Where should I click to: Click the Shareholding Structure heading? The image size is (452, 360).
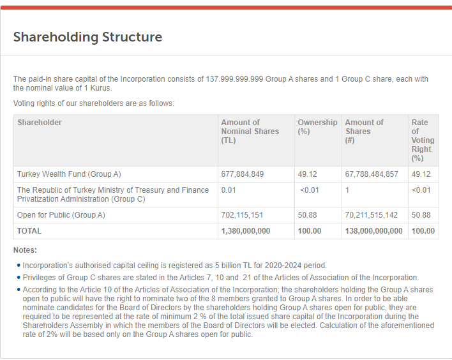pyautogui.click(x=87, y=37)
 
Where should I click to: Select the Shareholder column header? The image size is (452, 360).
pyautogui.click(x=40, y=122)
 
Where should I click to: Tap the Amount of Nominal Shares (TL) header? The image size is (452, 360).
pyautogui.click(x=250, y=131)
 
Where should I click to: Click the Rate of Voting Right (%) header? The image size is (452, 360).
pyautogui.click(x=423, y=140)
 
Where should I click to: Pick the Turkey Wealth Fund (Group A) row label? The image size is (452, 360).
pyautogui.click(x=69, y=174)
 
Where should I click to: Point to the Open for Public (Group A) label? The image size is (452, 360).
pyautogui.click(x=61, y=215)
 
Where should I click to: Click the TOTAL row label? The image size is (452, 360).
pyautogui.click(x=29, y=230)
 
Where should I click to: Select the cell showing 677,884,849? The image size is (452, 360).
pyautogui.click(x=243, y=174)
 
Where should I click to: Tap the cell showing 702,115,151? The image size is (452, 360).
pyautogui.click(x=243, y=215)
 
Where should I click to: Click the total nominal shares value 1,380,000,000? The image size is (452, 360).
pyautogui.click(x=246, y=230)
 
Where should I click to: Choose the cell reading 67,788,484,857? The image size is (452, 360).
pyautogui.click(x=372, y=174)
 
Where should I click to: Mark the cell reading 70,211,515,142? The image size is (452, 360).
pyautogui.click(x=372, y=215)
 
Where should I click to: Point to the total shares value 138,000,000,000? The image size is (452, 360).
pyautogui.click(x=374, y=230)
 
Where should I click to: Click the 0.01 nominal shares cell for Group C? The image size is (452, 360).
pyautogui.click(x=228, y=190)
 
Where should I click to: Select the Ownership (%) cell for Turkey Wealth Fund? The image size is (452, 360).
pyautogui.click(x=308, y=174)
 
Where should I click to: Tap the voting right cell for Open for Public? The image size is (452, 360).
pyautogui.click(x=421, y=215)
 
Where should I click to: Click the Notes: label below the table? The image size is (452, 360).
pyautogui.click(x=26, y=250)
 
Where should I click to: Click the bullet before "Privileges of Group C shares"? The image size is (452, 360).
pyautogui.click(x=18, y=278)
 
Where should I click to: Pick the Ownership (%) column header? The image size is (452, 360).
pyautogui.click(x=317, y=126)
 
